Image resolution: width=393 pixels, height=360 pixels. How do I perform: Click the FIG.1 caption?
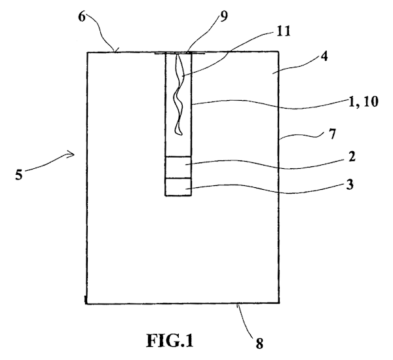click(170, 341)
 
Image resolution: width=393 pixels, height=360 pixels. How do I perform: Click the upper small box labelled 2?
click(178, 168)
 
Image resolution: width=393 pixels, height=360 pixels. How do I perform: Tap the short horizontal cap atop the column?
click(178, 54)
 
